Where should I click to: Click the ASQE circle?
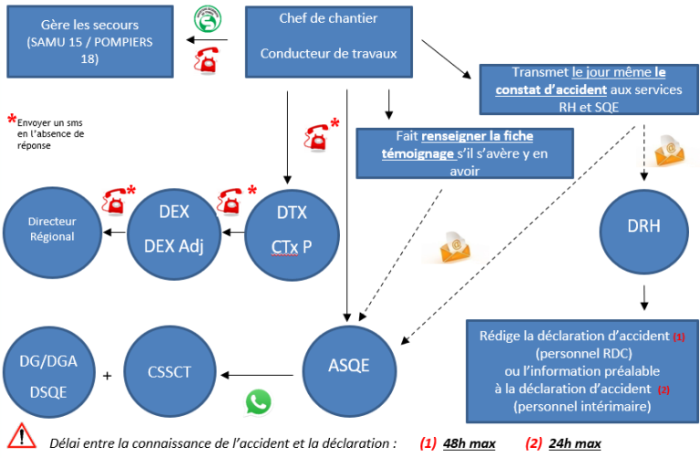click(348, 365)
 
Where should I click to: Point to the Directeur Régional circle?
click(52, 228)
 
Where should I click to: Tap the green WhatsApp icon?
click(259, 402)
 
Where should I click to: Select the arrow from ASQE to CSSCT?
click(259, 373)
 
